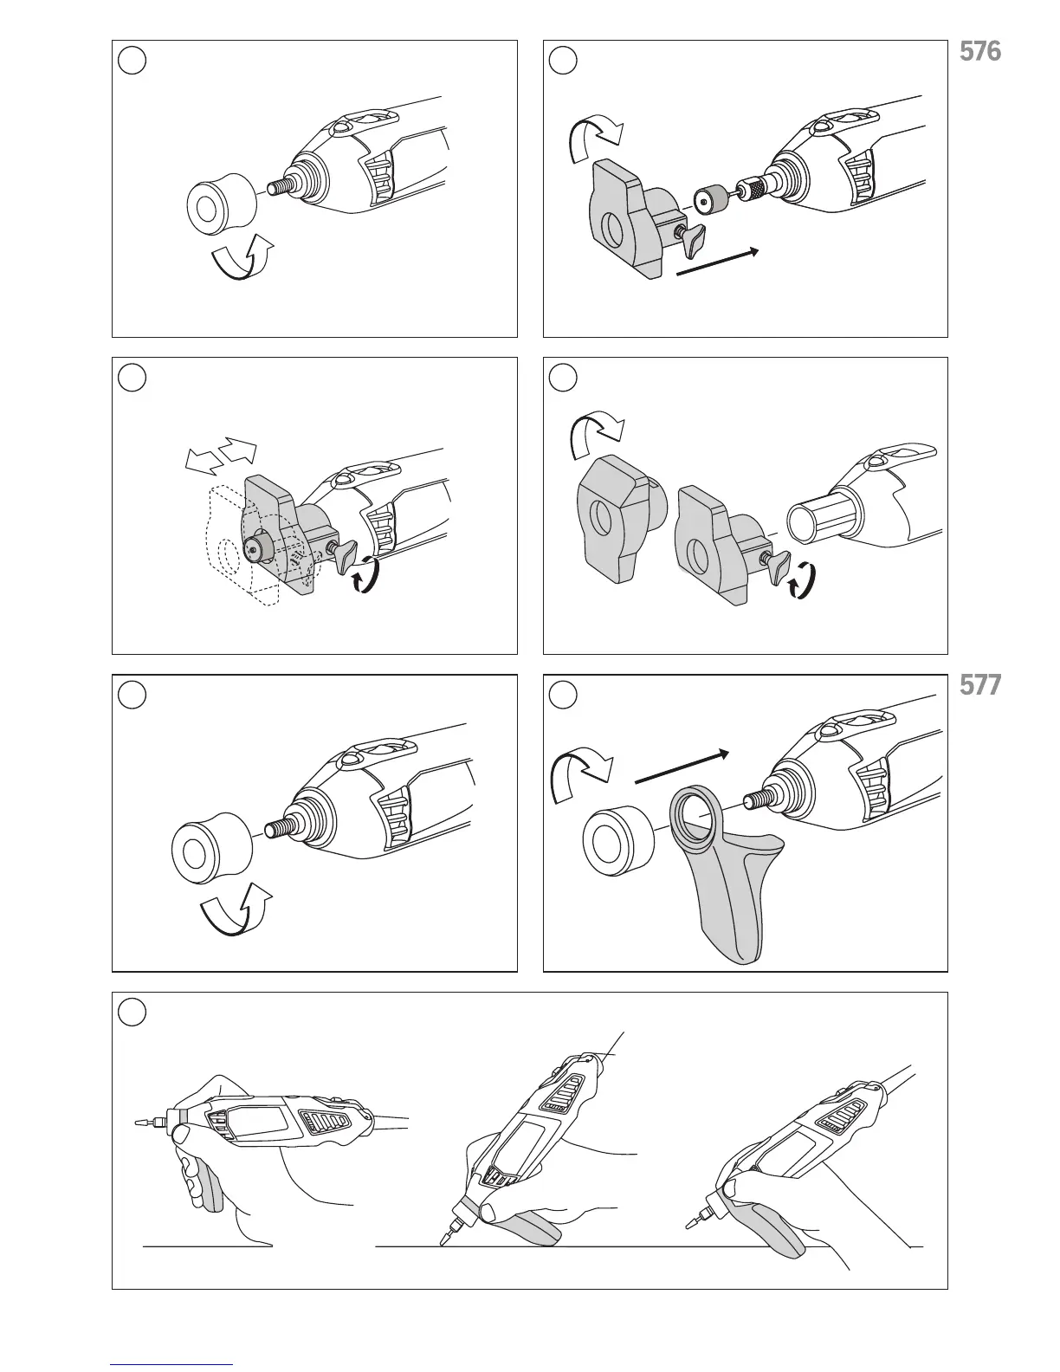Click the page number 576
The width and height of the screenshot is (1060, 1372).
coord(980,52)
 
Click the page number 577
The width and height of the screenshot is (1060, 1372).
coord(980,686)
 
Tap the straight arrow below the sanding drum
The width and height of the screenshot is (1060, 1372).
coord(717,262)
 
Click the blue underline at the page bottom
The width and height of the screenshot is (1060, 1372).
coord(172,1364)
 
